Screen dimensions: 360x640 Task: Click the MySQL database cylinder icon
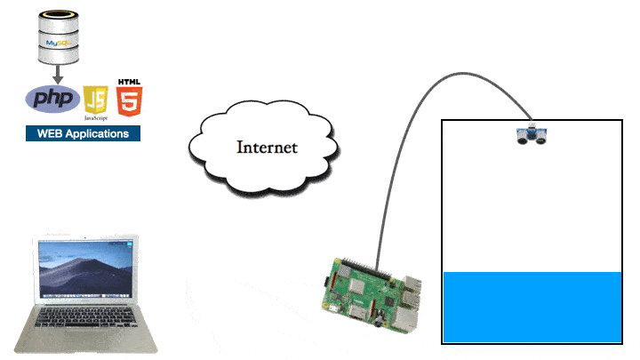[58, 36]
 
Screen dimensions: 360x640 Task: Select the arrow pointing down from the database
[58, 75]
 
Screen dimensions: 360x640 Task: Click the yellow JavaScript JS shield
[95, 99]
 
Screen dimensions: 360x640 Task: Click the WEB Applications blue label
[83, 134]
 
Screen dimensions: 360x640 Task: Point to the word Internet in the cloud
[267, 147]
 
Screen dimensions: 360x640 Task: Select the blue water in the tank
[532, 307]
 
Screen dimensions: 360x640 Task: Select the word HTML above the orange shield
[130, 82]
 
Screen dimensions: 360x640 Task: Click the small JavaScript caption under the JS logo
[95, 116]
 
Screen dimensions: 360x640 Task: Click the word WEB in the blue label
[51, 134]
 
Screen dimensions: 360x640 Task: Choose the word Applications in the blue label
[100, 134]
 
